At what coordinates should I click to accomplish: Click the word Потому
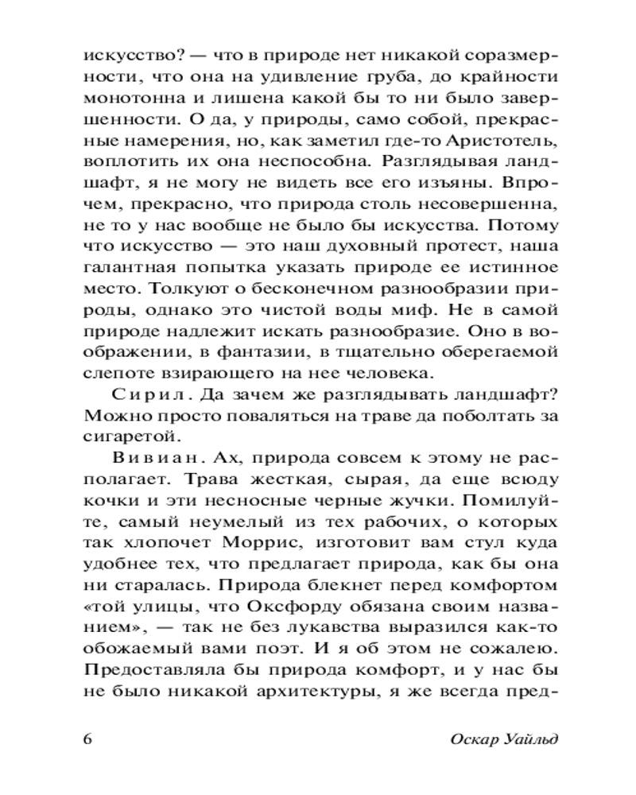(x=525, y=225)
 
